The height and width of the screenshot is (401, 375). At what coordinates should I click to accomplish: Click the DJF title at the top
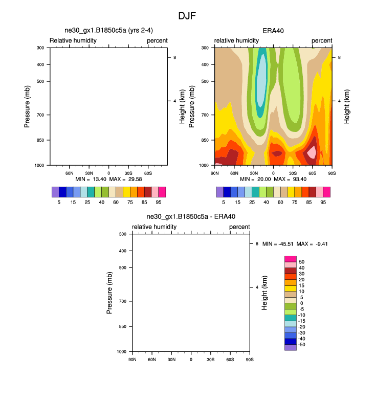[x=187, y=16]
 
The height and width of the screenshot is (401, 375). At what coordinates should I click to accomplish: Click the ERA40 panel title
[x=273, y=31]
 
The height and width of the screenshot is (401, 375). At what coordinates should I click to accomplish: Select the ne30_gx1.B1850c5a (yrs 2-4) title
[x=108, y=31]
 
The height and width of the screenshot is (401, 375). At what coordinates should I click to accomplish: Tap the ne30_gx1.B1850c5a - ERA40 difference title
[x=191, y=217]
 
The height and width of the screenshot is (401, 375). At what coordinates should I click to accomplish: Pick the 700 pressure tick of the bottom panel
[x=122, y=301]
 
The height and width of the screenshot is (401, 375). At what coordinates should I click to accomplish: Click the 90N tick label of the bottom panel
[x=132, y=360]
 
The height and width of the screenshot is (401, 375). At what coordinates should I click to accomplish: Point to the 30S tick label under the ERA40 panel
[x=293, y=173]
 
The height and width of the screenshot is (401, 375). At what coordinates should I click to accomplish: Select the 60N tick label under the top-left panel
[x=70, y=173]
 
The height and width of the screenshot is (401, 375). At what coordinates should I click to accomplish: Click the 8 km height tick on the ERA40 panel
[x=340, y=58]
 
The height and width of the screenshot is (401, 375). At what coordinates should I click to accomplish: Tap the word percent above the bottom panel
[x=239, y=227]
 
